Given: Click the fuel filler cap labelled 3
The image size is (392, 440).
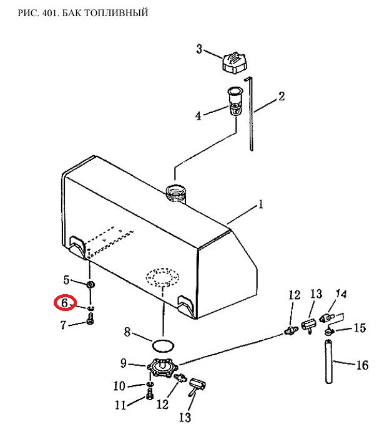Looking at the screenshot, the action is [x=235, y=63].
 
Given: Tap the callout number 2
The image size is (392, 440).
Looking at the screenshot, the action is [x=282, y=96].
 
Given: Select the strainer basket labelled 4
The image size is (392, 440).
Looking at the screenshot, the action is [x=235, y=102].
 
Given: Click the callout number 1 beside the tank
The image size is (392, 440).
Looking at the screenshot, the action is [x=261, y=204].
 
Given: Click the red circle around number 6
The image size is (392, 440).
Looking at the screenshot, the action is [x=65, y=304].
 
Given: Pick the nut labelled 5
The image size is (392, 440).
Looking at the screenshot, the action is [x=91, y=285].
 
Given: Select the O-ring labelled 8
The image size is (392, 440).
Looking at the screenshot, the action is [x=163, y=345].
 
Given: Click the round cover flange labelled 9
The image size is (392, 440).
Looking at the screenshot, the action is [x=162, y=366].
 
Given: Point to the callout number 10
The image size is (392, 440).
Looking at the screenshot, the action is [x=119, y=386].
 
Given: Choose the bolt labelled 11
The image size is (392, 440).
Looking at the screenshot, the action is [x=150, y=394].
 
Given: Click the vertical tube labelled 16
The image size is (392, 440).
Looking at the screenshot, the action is [x=329, y=361].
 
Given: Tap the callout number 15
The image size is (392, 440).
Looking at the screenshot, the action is [x=360, y=328].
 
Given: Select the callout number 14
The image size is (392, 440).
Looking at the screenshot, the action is [x=341, y=294].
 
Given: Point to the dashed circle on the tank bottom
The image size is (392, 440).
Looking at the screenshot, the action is [x=162, y=277].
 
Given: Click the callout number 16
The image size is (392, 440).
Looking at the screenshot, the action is [x=362, y=365].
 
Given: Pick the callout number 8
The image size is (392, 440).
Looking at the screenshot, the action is [x=127, y=332].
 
